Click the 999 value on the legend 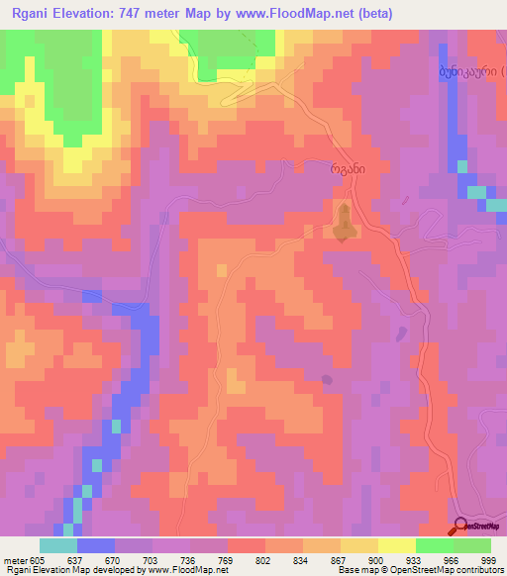tap(489, 558)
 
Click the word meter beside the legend tap(15, 558)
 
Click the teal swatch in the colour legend tap(58, 545)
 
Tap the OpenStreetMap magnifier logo tap(461, 528)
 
